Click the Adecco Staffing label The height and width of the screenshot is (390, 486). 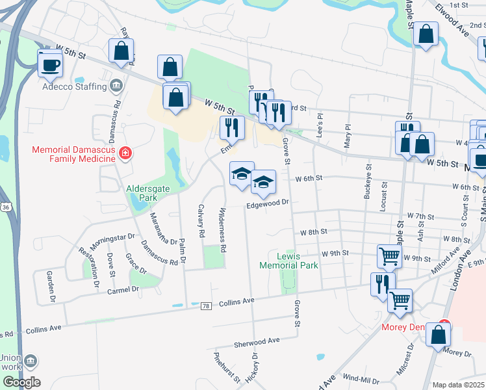[74, 86]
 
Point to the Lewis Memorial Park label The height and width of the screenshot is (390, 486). [288, 261]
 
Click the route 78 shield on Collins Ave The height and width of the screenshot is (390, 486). [206, 305]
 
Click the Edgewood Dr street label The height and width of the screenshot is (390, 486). [266, 204]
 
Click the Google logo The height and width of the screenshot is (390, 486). [21, 382]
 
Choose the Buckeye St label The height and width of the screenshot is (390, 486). [367, 185]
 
